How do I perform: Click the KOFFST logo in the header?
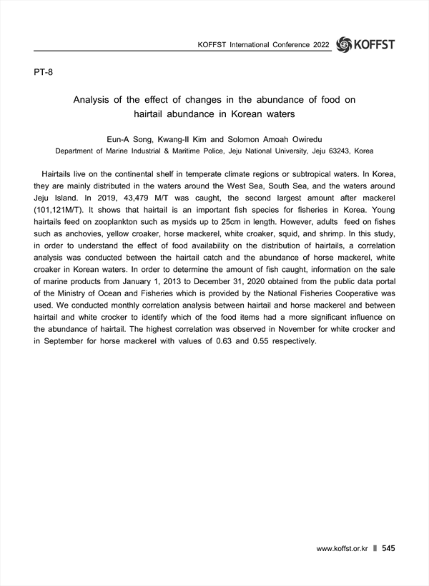tap(365, 44)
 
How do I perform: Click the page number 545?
tap(388, 548)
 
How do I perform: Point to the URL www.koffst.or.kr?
tap(342, 549)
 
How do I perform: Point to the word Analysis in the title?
tap(96, 100)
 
